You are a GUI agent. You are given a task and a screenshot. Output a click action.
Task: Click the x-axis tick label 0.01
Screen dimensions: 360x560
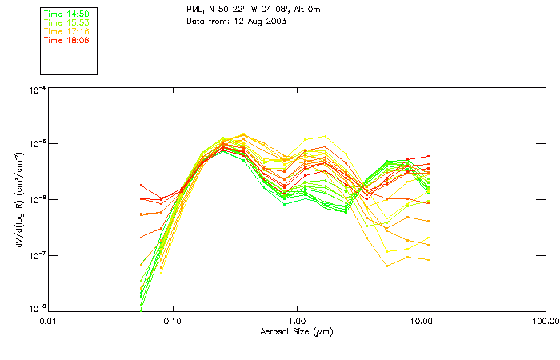[49, 321]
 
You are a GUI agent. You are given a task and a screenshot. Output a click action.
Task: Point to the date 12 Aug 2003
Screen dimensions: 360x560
[261, 22]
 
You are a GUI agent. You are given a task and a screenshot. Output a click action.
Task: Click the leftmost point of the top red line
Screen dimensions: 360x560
[141, 186]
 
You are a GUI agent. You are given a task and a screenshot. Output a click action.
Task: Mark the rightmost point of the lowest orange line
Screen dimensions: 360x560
[429, 259]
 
